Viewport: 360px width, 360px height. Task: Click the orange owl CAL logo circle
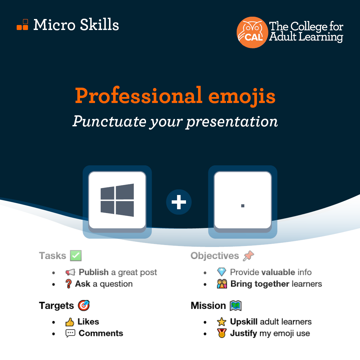(x=252, y=32)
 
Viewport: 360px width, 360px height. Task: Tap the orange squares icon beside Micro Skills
(x=23, y=25)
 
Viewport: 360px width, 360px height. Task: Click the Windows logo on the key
(x=117, y=200)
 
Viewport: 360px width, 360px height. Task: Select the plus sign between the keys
(x=179, y=202)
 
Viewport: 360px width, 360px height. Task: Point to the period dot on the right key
(x=243, y=206)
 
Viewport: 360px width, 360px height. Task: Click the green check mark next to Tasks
(x=76, y=256)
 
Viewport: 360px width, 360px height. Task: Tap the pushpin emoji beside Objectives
(x=249, y=256)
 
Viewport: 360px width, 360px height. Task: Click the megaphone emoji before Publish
(x=70, y=272)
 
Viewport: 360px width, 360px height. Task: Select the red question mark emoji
(x=68, y=284)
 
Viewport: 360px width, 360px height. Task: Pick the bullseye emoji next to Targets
(x=84, y=305)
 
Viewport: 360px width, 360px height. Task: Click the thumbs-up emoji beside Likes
(x=70, y=322)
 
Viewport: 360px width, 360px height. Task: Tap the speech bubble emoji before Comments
(x=70, y=333)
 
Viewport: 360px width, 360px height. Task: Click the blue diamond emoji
(x=222, y=272)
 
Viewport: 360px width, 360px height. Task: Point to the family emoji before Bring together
(x=222, y=284)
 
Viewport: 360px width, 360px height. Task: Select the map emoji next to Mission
(x=236, y=306)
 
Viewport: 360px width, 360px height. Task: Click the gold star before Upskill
(x=222, y=322)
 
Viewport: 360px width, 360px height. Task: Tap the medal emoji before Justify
(x=222, y=333)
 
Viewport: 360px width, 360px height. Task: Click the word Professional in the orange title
(x=139, y=96)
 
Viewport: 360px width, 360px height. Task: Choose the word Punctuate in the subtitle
(x=109, y=121)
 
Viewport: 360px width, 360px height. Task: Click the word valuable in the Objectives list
(x=278, y=272)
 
